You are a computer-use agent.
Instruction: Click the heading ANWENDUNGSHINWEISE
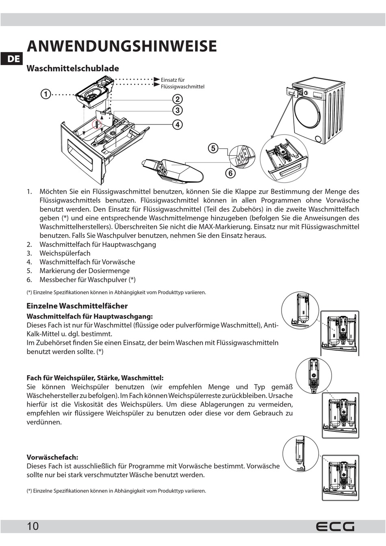121,46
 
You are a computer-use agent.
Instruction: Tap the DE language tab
13,59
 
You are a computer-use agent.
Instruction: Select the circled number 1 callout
45,94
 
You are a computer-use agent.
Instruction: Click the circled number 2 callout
177,99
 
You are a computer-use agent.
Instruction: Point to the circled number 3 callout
177,110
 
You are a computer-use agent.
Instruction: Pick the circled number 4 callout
177,124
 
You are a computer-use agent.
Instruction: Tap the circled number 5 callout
213,148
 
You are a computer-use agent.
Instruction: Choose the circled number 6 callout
230,173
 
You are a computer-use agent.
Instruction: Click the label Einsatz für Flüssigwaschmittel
182,83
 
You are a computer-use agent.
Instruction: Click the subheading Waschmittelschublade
73,68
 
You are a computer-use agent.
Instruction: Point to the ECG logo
335,526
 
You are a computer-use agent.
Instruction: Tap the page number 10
33,526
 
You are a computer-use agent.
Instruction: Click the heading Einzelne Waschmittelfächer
77,306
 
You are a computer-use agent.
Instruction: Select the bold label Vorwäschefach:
52,457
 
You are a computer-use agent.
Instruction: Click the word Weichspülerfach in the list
65,253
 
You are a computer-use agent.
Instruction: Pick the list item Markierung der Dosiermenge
85,271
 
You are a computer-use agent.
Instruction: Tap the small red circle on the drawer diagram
97,124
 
